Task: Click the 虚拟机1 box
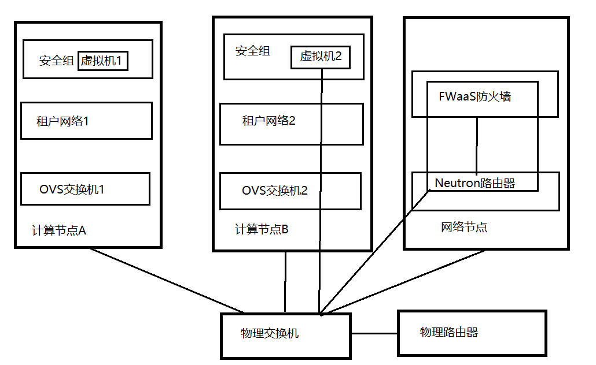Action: pos(102,61)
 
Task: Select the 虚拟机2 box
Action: pos(321,57)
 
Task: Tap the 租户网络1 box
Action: pos(86,121)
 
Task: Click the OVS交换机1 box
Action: pos(85,189)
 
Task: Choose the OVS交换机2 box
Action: pos(290,191)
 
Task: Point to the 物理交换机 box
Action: pos(285,336)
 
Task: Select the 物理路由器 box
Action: pos(472,333)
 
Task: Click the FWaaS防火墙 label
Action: pos(474,96)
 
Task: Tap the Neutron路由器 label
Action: pos(474,184)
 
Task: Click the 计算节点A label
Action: pos(58,230)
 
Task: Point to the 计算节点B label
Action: pos(261,229)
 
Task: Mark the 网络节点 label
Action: pos(463,227)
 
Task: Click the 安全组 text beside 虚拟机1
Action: pos(56,61)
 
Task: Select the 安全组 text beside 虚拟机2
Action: pos(252,51)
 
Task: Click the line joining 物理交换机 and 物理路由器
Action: pos(374,333)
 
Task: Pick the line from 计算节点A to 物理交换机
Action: pos(168,281)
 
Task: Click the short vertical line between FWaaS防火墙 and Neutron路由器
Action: pos(476,144)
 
